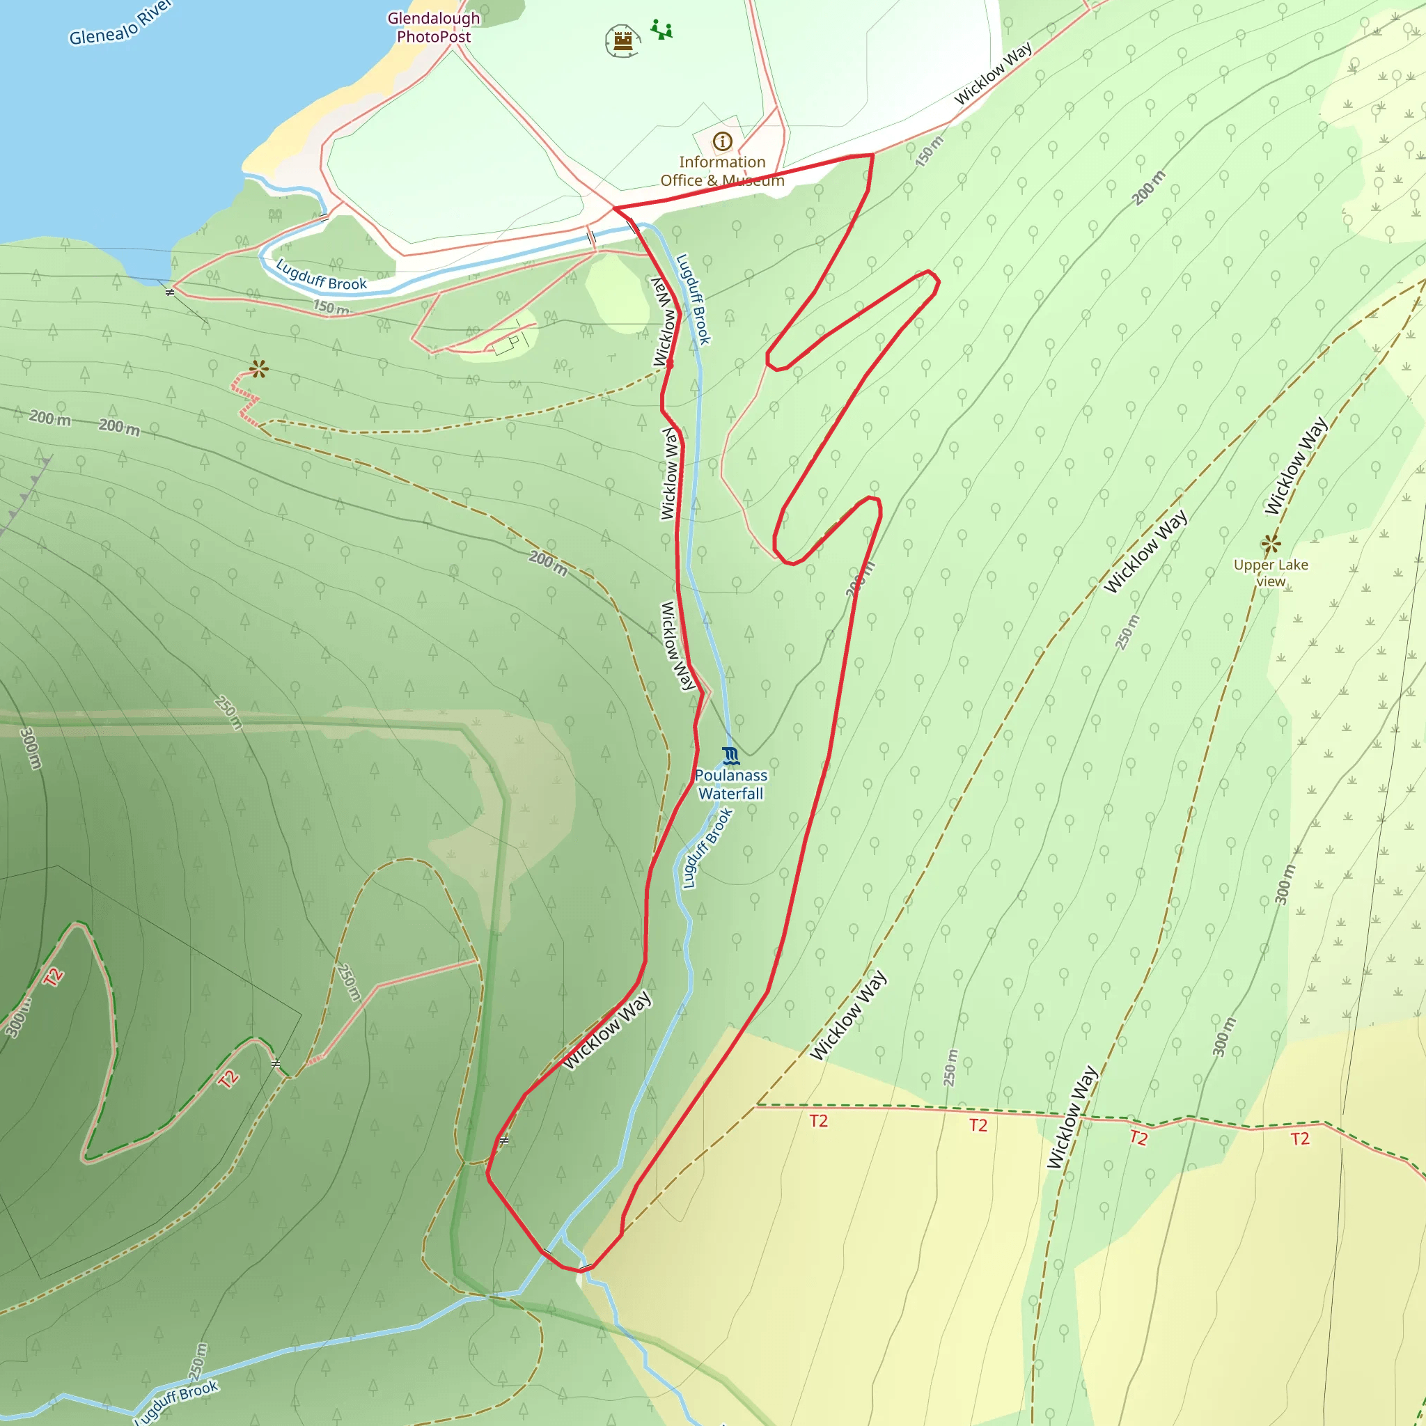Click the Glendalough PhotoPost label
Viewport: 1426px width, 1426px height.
[x=433, y=27]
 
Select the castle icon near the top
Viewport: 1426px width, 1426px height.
[x=622, y=40]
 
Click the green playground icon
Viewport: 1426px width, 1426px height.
[x=661, y=30]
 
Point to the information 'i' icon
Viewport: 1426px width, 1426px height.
[x=722, y=141]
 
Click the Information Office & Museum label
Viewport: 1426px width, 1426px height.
[x=722, y=171]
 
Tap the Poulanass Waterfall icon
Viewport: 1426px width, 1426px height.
[x=730, y=755]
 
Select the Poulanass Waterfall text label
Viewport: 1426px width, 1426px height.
[x=730, y=785]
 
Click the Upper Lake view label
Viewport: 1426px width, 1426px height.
[x=1270, y=573]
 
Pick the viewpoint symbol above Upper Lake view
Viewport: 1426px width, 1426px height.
[x=1271, y=544]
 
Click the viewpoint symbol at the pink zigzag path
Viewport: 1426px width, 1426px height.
[x=258, y=368]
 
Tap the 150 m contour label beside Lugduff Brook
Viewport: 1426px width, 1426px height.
[x=331, y=307]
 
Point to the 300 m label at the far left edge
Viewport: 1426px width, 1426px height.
[x=30, y=748]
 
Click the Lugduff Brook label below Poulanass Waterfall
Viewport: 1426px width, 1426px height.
[x=706, y=848]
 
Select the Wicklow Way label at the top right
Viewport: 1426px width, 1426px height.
[x=993, y=74]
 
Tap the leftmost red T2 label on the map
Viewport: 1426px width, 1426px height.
[x=52, y=977]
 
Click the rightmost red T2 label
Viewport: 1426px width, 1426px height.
[x=1300, y=1139]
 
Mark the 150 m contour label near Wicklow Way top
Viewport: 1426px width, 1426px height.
[x=930, y=151]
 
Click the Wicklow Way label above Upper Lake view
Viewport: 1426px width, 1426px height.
[x=1295, y=466]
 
